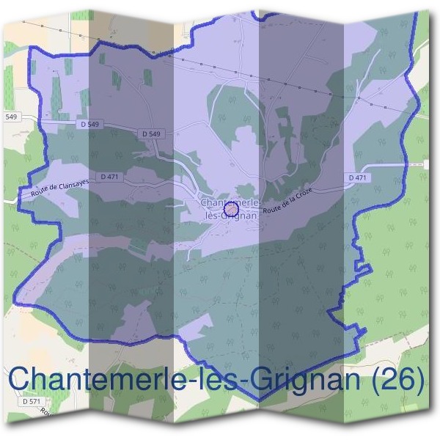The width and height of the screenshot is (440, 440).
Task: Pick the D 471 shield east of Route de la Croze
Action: click(x=357, y=178)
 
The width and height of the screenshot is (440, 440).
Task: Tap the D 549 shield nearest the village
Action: click(x=149, y=133)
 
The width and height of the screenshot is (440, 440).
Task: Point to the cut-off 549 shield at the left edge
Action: click(x=10, y=117)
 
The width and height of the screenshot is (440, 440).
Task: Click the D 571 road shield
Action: click(x=31, y=402)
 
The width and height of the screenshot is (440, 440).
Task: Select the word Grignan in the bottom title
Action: click(x=301, y=380)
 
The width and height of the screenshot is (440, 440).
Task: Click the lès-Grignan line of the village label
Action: click(x=231, y=216)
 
